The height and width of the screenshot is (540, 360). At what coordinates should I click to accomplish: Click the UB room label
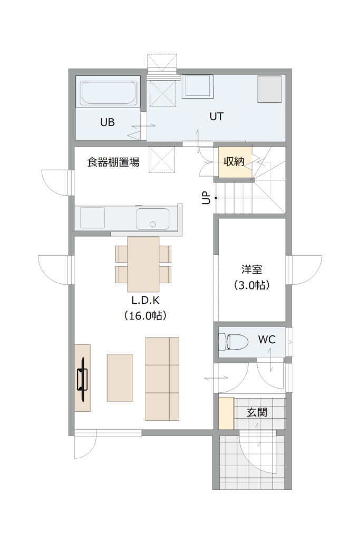pos(108,122)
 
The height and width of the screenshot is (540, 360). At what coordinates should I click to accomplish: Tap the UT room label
pos(217,117)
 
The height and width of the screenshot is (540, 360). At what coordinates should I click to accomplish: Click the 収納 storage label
pos(234,161)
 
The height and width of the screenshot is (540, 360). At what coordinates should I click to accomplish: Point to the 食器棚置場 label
pos(113,162)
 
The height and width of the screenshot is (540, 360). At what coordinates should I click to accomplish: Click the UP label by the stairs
pos(206,198)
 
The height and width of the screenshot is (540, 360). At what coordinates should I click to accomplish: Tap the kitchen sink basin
pos(152,219)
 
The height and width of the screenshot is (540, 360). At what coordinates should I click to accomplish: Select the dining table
pos(143,264)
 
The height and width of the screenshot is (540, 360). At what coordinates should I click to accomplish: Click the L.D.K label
pos(145,300)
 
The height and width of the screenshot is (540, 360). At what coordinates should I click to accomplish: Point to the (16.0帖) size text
pos(145,315)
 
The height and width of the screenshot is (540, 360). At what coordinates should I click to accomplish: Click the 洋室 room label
pos(251,269)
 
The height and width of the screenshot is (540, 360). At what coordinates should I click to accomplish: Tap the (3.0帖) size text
pos(251,285)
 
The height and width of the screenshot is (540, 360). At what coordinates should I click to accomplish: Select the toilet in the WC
pos(233,341)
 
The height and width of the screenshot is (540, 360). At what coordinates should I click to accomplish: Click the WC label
pos(267,340)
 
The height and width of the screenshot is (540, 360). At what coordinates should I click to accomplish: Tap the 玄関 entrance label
pos(257,412)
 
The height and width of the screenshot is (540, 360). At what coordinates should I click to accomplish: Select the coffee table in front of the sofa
pos(120,378)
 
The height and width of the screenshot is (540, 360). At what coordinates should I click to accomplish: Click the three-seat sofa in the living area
pos(162,379)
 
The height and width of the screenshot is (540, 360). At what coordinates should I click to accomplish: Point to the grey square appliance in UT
pos(270,89)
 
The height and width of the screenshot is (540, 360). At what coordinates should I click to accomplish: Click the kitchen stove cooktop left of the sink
pos(93,218)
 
